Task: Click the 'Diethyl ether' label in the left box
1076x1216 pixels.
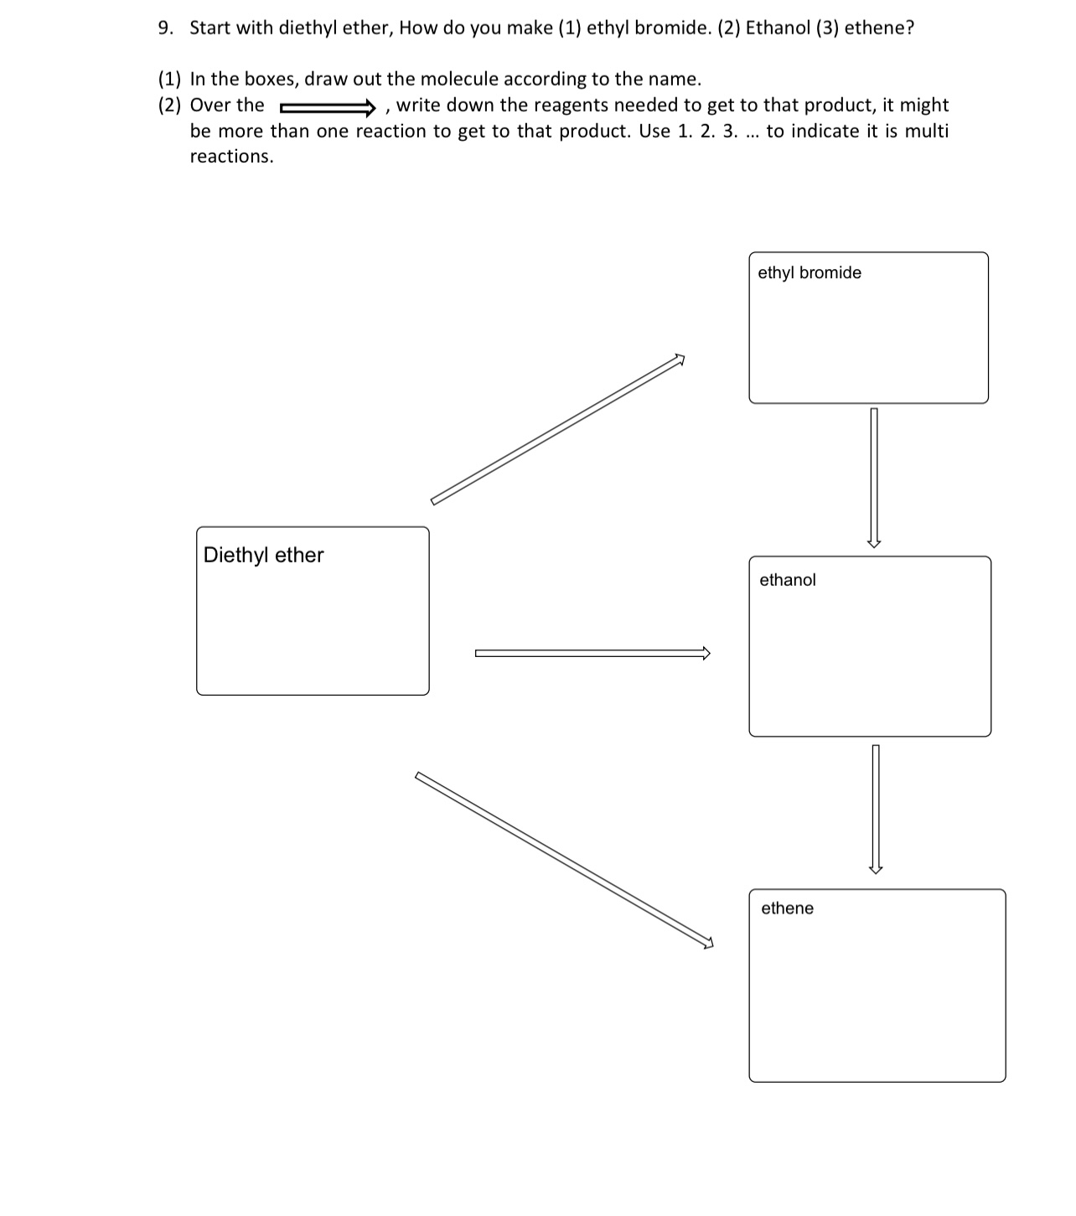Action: (263, 555)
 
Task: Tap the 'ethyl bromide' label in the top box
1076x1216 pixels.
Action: (809, 272)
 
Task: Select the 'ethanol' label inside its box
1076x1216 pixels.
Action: (787, 580)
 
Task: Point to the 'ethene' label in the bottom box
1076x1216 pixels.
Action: (787, 908)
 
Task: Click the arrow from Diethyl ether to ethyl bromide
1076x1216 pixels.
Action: (557, 430)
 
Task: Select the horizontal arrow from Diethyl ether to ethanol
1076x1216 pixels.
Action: (592, 654)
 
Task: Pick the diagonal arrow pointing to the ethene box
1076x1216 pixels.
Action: (564, 860)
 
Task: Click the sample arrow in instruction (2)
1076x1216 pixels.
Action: (327, 106)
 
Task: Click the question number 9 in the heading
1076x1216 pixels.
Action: (165, 28)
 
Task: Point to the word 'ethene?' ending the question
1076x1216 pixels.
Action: (879, 28)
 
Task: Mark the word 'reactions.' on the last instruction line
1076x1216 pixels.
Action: (231, 157)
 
